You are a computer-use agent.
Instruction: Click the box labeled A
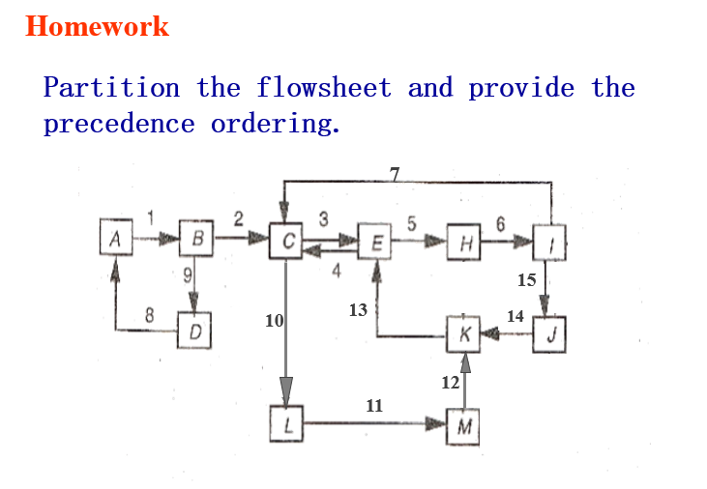pos(116,238)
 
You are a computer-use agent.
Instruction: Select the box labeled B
pos(196,238)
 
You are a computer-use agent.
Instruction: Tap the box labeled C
pos(287,240)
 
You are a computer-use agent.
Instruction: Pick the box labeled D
pos(194,332)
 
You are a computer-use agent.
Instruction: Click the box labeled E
pos(376,241)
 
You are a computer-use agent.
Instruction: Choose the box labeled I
pos(549,242)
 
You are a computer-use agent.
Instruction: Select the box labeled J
pos(549,335)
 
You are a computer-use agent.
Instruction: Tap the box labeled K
pos(465,334)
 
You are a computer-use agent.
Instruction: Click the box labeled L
pos(287,423)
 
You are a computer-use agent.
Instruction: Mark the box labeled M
pos(465,424)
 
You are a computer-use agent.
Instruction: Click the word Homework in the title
pos(97,27)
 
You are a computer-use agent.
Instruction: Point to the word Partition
pos(111,89)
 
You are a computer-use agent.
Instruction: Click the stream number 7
pos(394,174)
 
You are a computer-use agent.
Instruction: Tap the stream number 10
pos(274,320)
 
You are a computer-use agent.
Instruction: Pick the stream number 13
pos(358,309)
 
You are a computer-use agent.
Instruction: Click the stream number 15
pos(526,280)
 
